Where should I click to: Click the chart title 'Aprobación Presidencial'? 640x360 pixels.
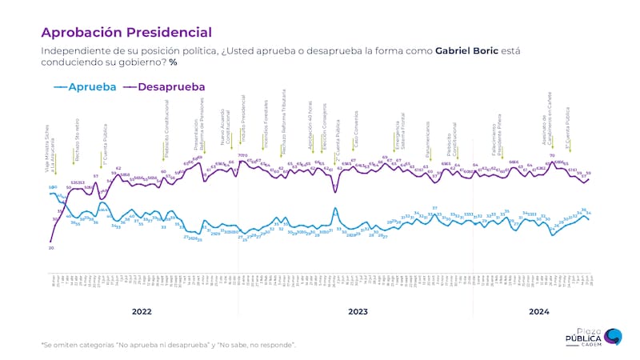126,33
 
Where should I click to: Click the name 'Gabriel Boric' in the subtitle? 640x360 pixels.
469,51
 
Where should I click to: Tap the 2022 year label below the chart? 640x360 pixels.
142,310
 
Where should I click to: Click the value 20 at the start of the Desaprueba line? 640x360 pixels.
50,248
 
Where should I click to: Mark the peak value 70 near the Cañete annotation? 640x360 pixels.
552,156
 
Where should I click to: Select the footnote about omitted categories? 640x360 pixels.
168,345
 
